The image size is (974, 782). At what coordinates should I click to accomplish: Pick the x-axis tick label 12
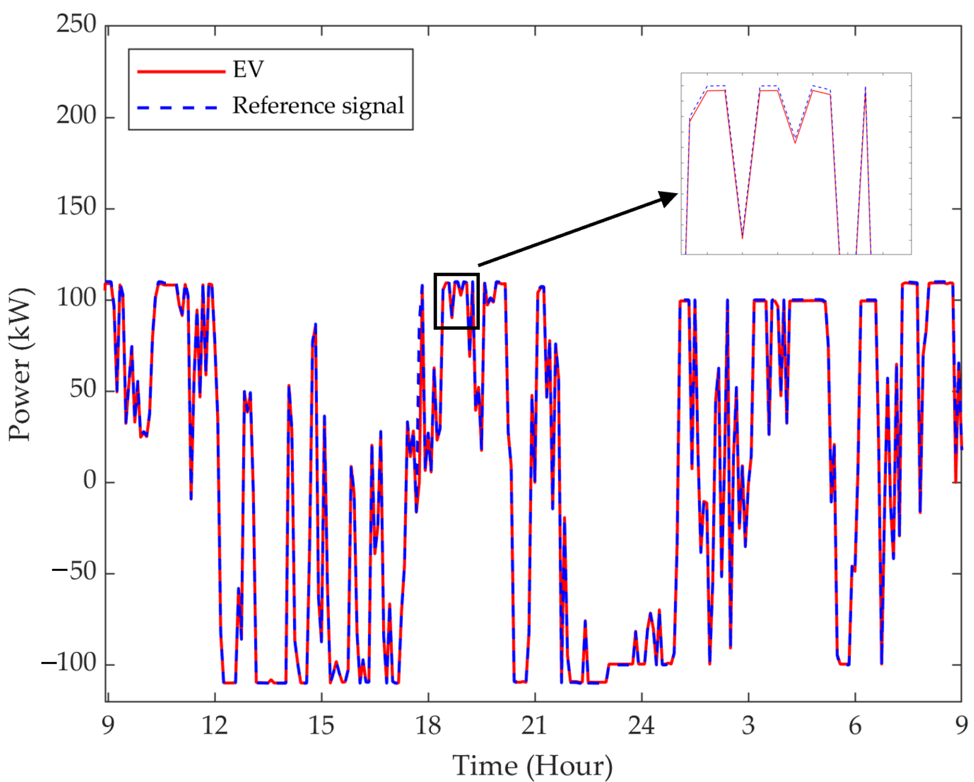[x=215, y=726]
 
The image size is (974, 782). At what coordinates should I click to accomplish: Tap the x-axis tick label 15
[x=321, y=726]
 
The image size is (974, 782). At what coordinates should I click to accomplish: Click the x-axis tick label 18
[x=428, y=726]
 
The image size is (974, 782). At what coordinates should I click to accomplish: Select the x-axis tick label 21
[x=534, y=726]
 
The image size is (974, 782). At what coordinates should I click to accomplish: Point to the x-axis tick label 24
[x=641, y=726]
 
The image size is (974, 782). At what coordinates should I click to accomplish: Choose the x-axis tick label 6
[x=855, y=726]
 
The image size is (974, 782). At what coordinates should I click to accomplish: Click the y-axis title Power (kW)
[x=20, y=364]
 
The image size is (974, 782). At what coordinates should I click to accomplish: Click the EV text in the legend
[x=248, y=70]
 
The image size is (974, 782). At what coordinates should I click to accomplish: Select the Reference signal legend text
[x=318, y=106]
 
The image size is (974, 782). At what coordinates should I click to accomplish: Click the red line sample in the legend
[x=181, y=71]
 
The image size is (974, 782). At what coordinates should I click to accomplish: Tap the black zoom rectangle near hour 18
[x=456, y=274]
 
